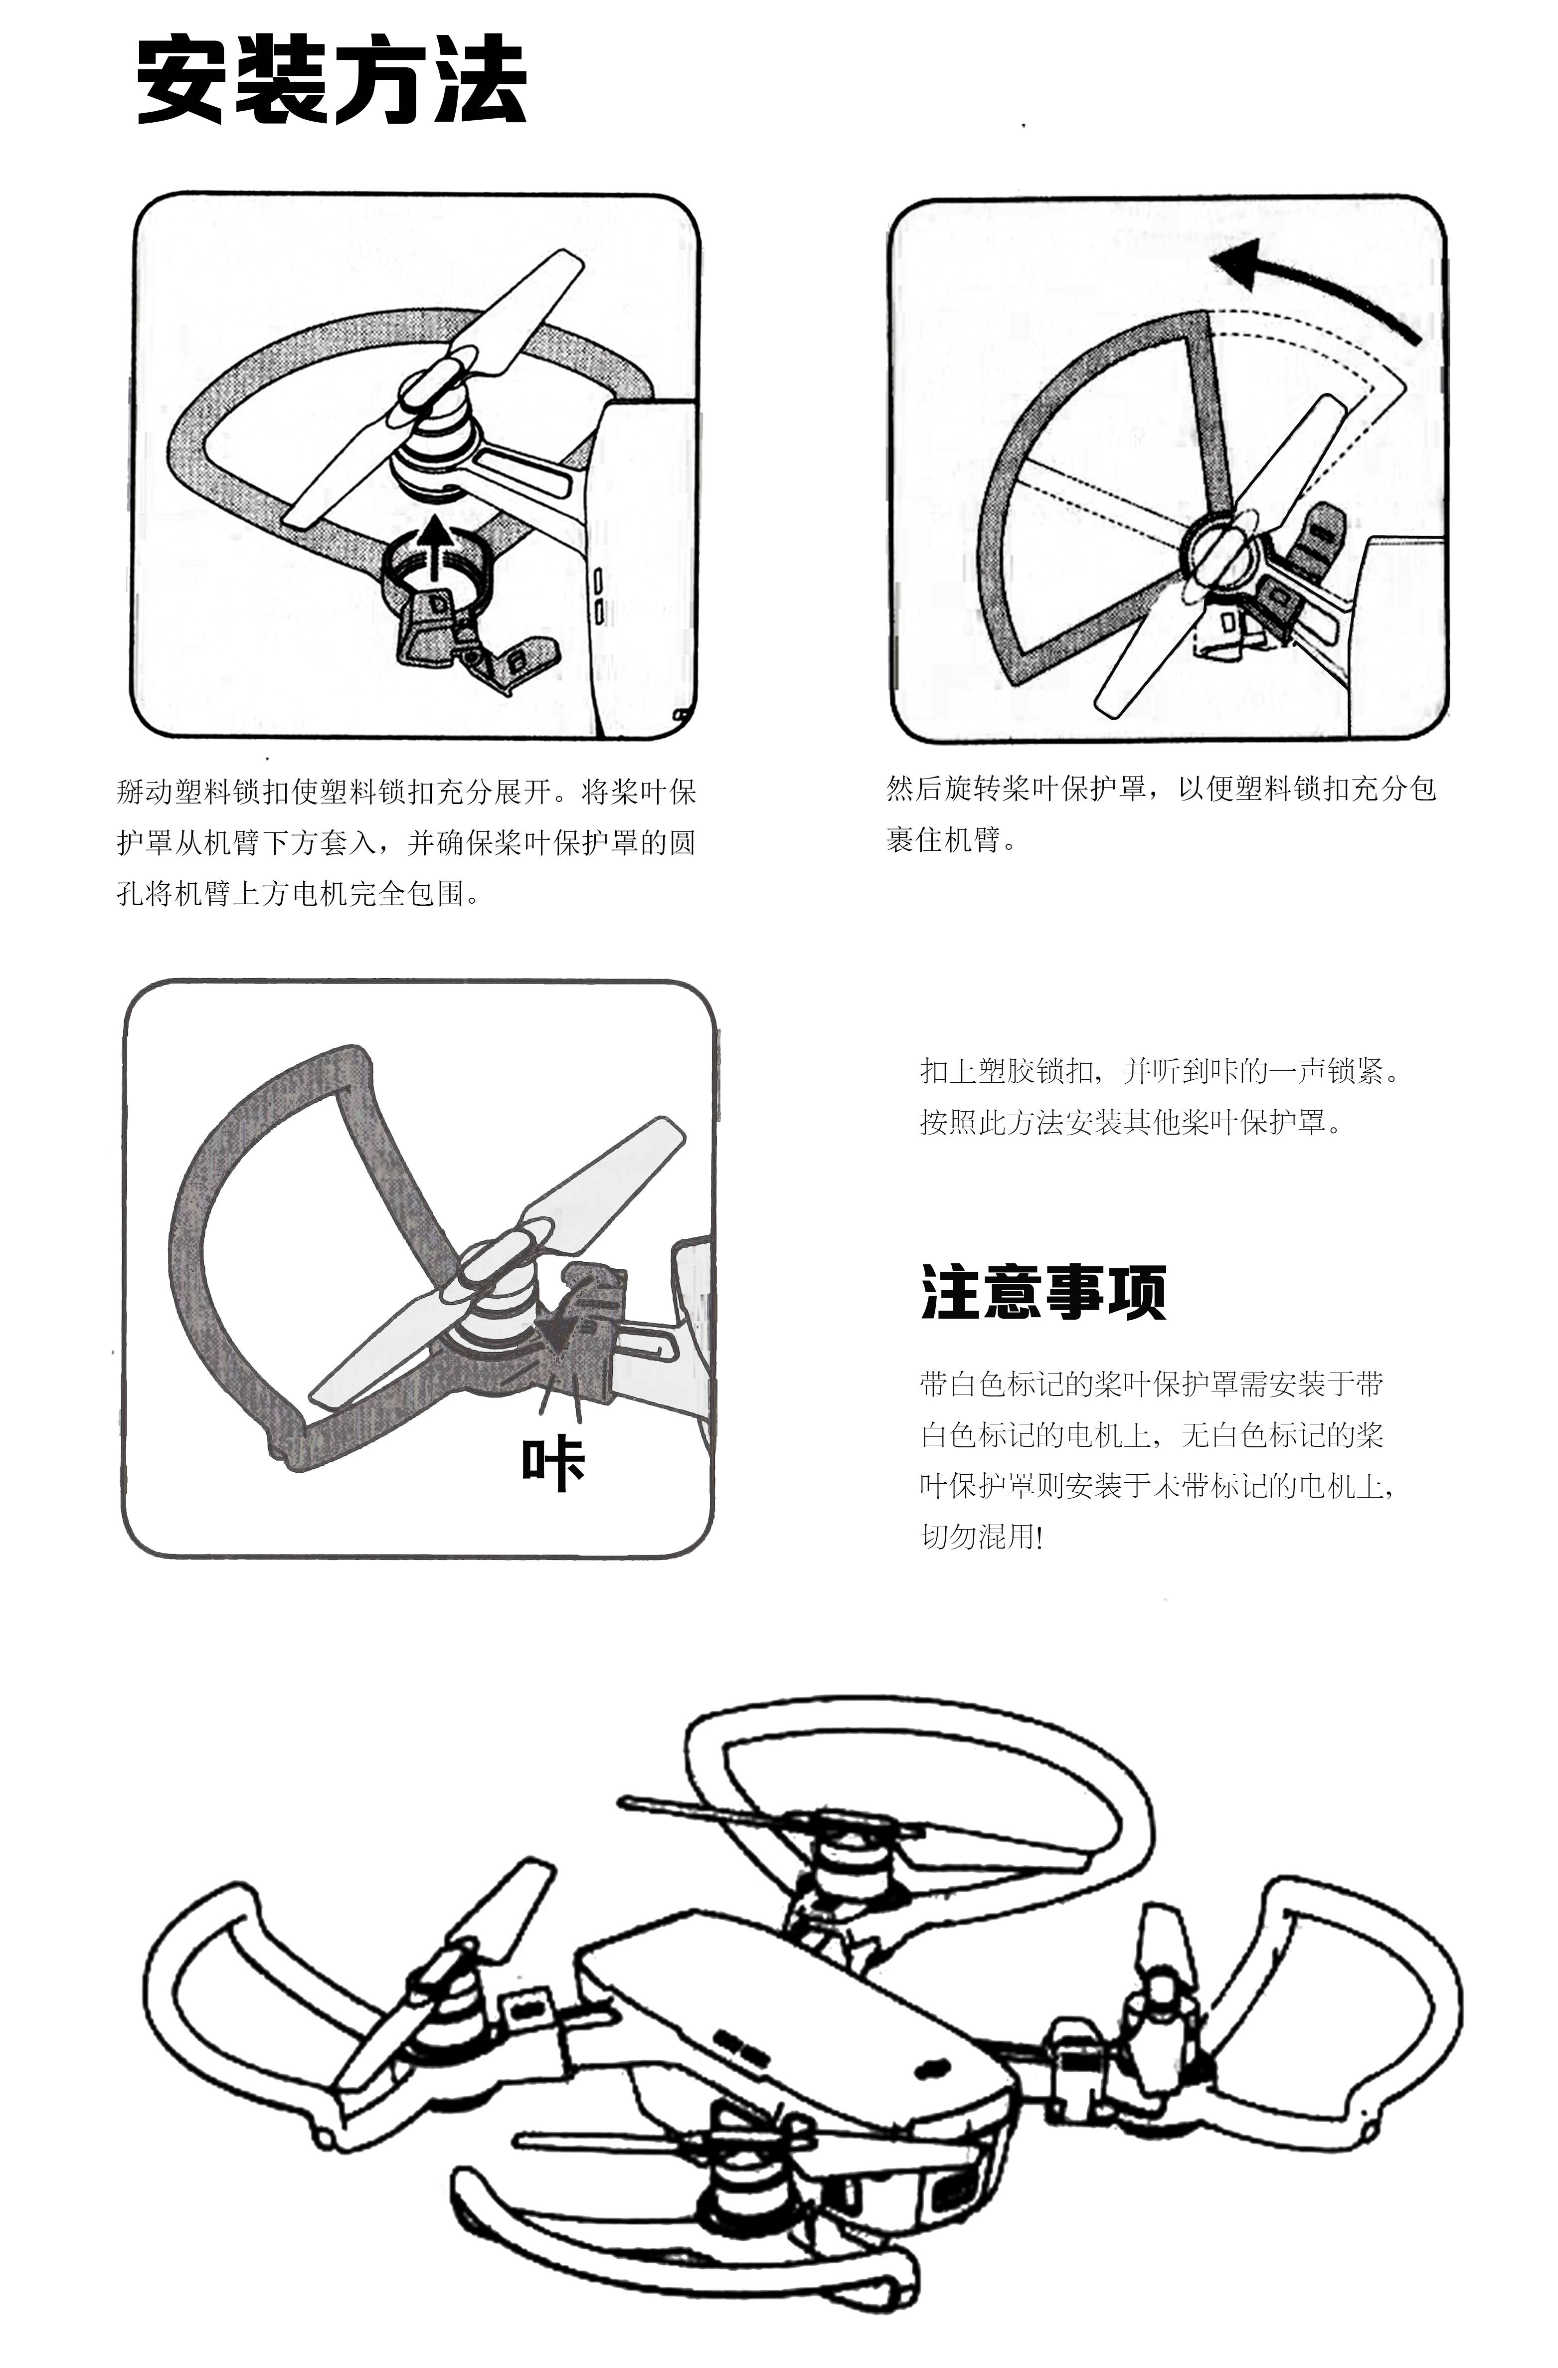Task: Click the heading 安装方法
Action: [x=332, y=80]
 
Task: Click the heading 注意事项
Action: [x=1042, y=1291]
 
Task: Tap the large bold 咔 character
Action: [x=553, y=1464]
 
